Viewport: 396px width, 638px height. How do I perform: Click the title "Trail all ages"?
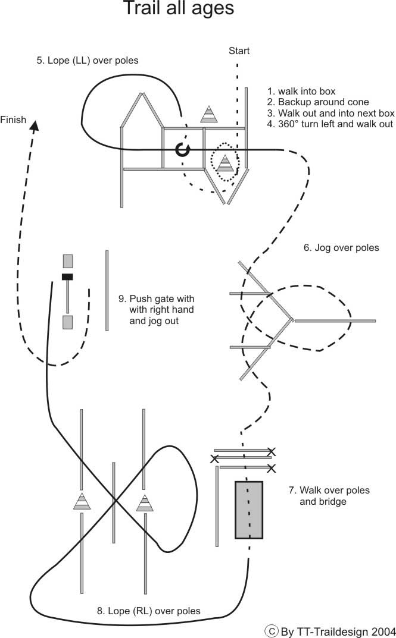179,8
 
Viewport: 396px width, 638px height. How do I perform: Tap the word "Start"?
239,51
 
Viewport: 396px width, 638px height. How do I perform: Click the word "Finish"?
13,120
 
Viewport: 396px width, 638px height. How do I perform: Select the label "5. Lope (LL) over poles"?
88,61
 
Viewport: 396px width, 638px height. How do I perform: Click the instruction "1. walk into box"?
301,91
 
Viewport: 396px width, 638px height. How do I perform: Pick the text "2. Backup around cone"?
318,102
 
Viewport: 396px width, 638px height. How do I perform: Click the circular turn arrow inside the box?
183,149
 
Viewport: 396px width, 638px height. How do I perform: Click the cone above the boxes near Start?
209,114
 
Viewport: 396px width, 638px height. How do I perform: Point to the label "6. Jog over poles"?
341,248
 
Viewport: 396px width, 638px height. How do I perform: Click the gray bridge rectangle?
248,510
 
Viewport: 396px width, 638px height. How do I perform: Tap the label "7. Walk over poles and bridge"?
329,495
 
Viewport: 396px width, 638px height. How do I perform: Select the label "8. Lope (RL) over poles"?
149,611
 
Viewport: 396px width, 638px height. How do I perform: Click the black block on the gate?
67,276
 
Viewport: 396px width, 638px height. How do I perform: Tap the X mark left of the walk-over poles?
214,459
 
